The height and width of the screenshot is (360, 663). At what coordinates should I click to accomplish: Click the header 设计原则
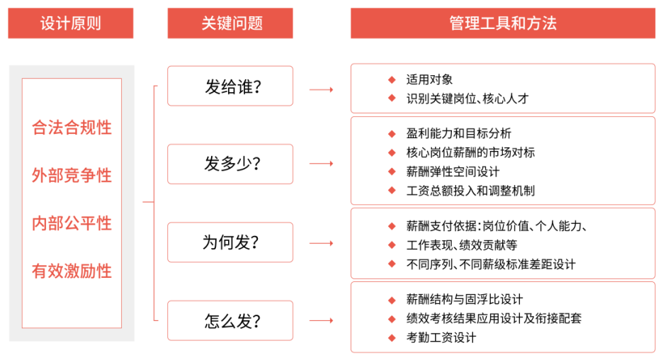71,23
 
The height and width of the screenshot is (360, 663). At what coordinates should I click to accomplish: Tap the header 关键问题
230,23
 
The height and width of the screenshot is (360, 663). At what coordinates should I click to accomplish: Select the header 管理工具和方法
503,23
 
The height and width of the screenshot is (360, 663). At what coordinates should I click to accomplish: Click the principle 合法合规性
72,128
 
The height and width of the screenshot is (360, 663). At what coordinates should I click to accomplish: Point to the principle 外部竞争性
72,175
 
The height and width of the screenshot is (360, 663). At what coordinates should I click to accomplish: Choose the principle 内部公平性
72,223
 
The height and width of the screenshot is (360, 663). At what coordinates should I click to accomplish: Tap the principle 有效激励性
72,271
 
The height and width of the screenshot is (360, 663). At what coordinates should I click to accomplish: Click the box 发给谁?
230,86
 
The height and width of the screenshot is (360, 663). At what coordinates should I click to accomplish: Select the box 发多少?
230,164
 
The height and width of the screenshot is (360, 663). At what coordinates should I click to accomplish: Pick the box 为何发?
230,242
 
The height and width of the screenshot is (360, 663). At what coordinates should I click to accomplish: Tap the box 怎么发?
230,320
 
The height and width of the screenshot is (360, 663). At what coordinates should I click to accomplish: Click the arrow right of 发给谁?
322,90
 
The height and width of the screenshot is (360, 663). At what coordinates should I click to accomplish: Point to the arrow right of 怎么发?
322,320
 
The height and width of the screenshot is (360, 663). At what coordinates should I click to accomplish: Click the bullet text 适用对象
429,79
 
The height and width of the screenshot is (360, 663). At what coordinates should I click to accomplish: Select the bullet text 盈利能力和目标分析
459,133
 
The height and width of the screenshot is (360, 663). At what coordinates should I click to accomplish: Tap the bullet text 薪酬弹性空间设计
453,171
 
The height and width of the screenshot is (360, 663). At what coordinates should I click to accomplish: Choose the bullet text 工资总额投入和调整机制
470,191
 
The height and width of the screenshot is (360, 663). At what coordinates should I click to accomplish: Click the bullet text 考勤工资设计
441,337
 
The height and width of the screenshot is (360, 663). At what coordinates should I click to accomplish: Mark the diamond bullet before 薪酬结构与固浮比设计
392,300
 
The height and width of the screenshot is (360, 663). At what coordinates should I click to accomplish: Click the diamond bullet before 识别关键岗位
392,99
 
